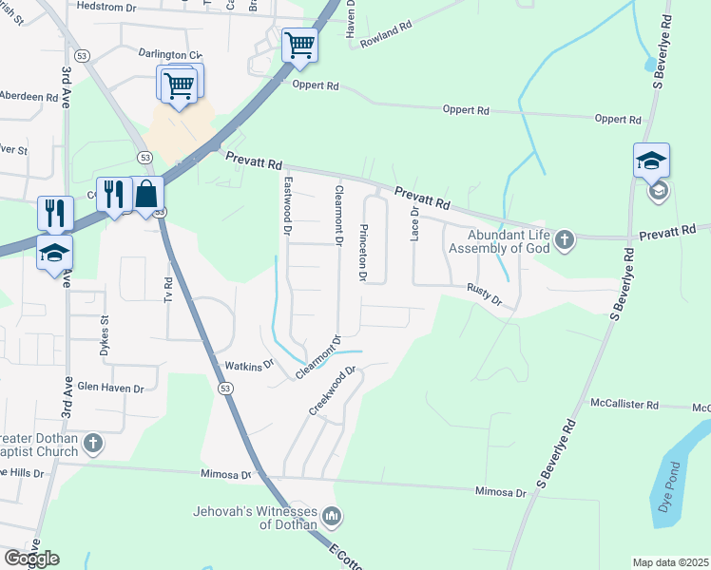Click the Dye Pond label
[x=669, y=485]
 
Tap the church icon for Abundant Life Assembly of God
[x=565, y=238]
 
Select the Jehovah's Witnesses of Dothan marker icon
[x=332, y=517]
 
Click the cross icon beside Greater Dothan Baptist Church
[x=93, y=443]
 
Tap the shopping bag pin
[x=147, y=195]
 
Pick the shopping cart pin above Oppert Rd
[x=299, y=45]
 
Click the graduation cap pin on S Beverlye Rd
[x=651, y=161]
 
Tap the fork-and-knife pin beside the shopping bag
[x=113, y=195]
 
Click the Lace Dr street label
[x=414, y=225]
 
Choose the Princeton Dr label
[x=362, y=253]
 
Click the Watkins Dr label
[x=249, y=365]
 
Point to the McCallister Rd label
[x=625, y=405]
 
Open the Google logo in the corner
[x=31, y=559]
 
